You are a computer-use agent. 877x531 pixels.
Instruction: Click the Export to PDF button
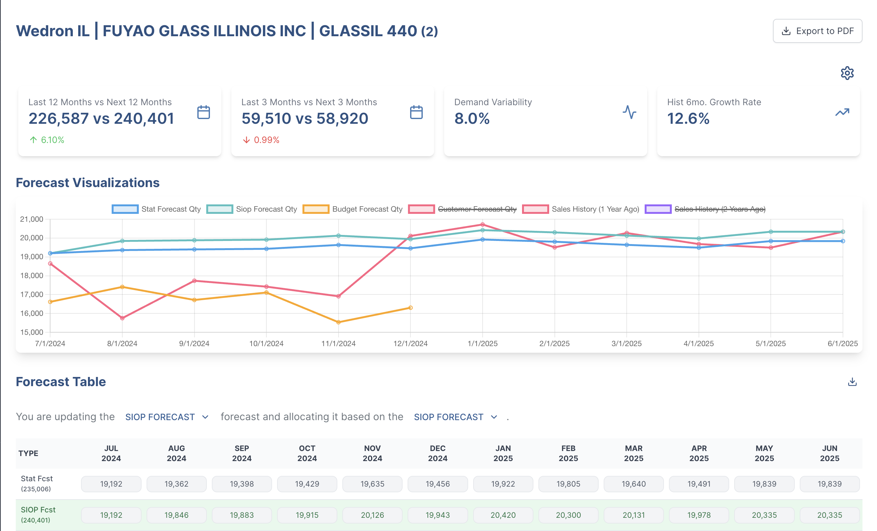[817, 31]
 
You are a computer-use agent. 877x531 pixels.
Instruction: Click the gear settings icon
[847, 73]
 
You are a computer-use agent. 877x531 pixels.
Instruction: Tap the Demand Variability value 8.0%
[472, 118]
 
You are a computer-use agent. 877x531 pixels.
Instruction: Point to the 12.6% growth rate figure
[688, 118]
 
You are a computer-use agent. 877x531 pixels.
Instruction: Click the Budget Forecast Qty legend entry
[352, 209]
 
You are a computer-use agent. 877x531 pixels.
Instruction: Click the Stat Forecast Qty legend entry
[157, 209]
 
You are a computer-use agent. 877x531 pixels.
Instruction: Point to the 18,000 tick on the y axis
[32, 276]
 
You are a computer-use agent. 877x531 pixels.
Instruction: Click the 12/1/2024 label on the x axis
[410, 344]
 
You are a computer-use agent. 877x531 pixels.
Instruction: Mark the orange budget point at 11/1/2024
[339, 322]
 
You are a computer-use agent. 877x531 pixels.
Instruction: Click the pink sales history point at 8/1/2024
[122, 318]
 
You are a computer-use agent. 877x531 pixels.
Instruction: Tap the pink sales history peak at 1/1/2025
[483, 225]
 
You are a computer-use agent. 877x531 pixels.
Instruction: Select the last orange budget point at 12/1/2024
[410, 308]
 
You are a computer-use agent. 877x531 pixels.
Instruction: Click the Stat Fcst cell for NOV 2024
[372, 484]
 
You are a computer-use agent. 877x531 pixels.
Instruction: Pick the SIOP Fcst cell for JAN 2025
[503, 515]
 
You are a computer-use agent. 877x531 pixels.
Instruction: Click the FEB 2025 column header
[568, 453]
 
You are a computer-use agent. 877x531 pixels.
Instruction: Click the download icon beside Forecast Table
[852, 382]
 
